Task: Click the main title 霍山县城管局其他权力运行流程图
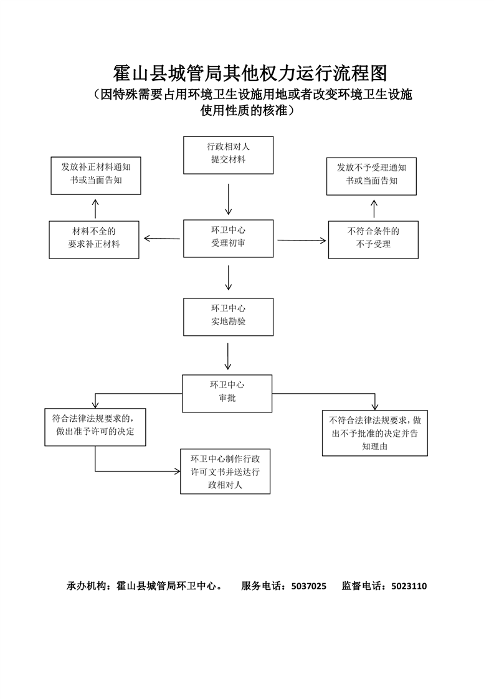pyautogui.click(x=250, y=74)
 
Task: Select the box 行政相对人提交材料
pyautogui.click(x=228, y=155)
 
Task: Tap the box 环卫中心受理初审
pyautogui.click(x=228, y=239)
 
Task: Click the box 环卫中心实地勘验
pyautogui.click(x=228, y=317)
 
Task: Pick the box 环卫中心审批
pyautogui.click(x=227, y=393)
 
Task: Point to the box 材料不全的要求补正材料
pyautogui.click(x=94, y=240)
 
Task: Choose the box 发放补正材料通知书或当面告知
pyautogui.click(x=96, y=176)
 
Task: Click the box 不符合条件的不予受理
pyautogui.click(x=373, y=240)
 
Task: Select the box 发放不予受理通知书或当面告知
pyautogui.click(x=371, y=176)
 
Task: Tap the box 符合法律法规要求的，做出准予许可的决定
pyautogui.click(x=95, y=427)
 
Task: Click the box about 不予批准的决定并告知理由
pyautogui.click(x=375, y=433)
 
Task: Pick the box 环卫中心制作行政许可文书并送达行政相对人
pyautogui.click(x=225, y=471)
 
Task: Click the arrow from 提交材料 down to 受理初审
pyautogui.click(x=228, y=199)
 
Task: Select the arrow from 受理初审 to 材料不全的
pyautogui.click(x=162, y=239)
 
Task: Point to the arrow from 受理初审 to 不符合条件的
pyautogui.click(x=302, y=240)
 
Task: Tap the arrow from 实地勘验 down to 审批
pyautogui.click(x=228, y=356)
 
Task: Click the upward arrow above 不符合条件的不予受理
pyautogui.click(x=374, y=209)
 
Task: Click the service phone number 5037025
pyautogui.click(x=309, y=586)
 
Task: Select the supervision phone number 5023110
pyautogui.click(x=409, y=586)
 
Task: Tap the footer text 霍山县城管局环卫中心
pyautogui.click(x=166, y=586)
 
